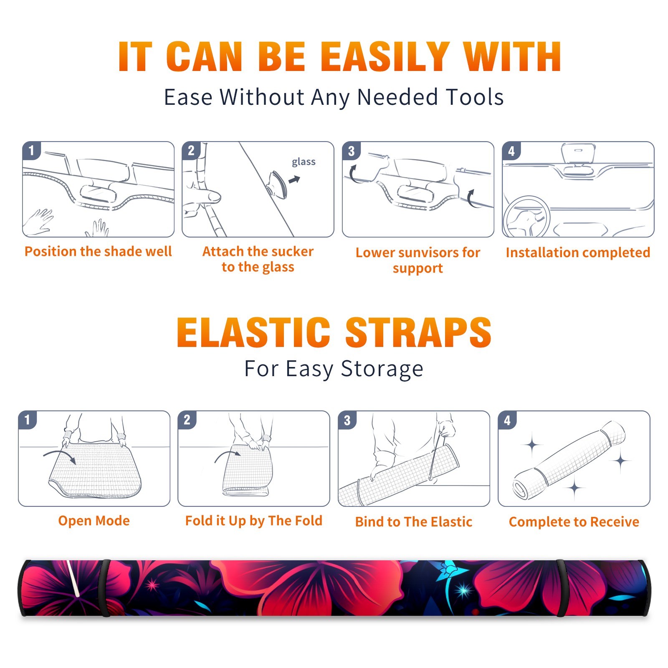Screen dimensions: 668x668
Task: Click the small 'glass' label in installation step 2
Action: pyautogui.click(x=304, y=162)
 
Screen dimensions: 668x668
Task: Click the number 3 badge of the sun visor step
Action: pyautogui.click(x=351, y=151)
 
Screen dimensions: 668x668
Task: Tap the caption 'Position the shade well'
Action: pyautogui.click(x=98, y=251)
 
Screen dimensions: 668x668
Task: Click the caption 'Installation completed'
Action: pyautogui.click(x=578, y=253)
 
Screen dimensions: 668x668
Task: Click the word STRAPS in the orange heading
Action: pyautogui.click(x=418, y=332)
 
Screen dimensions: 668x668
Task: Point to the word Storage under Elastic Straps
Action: pyautogui.click(x=382, y=369)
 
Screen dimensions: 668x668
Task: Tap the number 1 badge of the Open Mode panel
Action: pyautogui.click(x=28, y=420)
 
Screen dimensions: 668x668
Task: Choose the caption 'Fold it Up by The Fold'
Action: pyautogui.click(x=254, y=521)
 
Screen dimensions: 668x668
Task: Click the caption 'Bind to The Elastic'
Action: pyautogui.click(x=413, y=522)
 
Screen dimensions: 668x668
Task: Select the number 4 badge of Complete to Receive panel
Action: pyautogui.click(x=507, y=420)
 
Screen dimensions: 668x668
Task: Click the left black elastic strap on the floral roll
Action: pyautogui.click(x=106, y=588)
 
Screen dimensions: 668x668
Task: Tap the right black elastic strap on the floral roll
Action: pyautogui.click(x=561, y=588)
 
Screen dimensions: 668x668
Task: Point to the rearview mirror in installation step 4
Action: pyautogui.click(x=578, y=153)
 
